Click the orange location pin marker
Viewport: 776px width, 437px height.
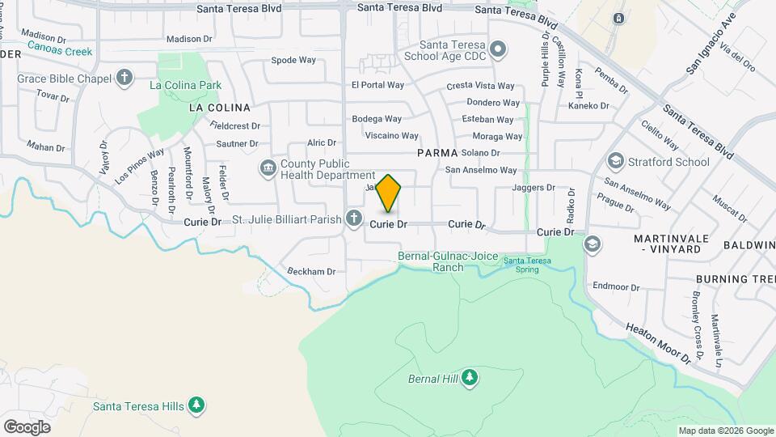click(x=389, y=193)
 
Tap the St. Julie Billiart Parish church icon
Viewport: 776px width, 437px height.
click(x=353, y=218)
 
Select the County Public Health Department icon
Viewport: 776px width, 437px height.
click(x=268, y=168)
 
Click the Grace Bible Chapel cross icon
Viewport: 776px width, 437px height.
click(x=124, y=78)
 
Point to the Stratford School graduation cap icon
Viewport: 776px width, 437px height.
click(x=615, y=162)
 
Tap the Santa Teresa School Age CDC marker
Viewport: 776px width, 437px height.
click(x=498, y=50)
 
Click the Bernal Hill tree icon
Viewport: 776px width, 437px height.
click(x=469, y=378)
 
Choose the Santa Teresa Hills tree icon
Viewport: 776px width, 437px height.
click(x=196, y=405)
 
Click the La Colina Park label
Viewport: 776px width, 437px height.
click(x=185, y=84)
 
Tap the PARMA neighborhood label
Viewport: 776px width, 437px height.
click(x=437, y=152)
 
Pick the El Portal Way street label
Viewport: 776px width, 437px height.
click(x=377, y=85)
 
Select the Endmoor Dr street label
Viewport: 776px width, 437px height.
click(x=616, y=286)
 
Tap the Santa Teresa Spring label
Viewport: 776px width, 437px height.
click(x=527, y=264)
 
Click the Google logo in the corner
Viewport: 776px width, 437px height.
click(x=27, y=426)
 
